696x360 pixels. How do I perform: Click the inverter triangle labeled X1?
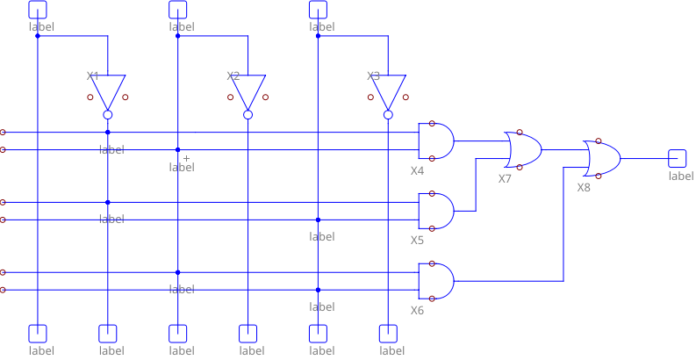[107, 90]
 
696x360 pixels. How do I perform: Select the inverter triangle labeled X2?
[248, 90]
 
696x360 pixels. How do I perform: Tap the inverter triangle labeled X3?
[388, 90]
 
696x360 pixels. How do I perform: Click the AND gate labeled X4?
[435, 140]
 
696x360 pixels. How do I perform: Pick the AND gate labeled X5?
[435, 211]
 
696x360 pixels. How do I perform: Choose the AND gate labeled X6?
[435, 281]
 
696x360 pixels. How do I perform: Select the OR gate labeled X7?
[522, 149]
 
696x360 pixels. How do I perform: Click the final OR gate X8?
[601, 158]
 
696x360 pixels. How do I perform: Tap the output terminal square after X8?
[677, 158]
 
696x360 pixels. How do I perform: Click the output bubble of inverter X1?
[107, 115]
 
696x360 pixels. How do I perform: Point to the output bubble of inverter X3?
[388, 115]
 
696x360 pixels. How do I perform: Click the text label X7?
[505, 179]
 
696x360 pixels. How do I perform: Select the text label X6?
[417, 311]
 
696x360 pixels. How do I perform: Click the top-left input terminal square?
[37, 10]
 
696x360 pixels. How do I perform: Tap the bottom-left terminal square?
[37, 333]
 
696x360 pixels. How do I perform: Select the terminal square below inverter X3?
[388, 333]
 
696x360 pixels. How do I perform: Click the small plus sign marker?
[186, 158]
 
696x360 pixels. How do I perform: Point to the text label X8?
[584, 188]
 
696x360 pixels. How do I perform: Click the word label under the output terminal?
[681, 176]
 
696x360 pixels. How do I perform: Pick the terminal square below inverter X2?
[248, 333]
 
